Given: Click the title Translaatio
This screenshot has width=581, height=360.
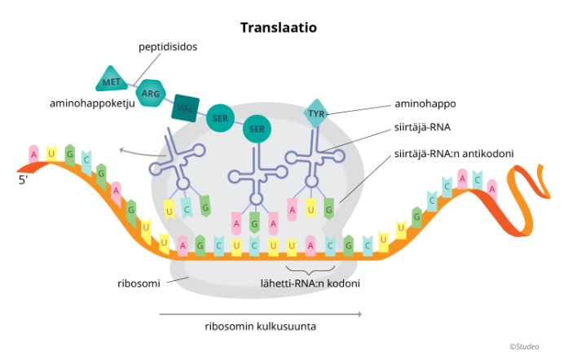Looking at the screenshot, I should [x=279, y=28].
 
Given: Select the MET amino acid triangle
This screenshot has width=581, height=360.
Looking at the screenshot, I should [x=112, y=81].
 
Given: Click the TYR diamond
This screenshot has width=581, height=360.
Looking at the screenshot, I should [x=317, y=114].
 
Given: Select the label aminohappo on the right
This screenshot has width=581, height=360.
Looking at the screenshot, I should [x=425, y=104].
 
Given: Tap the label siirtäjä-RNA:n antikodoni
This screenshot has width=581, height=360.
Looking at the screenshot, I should [x=453, y=152].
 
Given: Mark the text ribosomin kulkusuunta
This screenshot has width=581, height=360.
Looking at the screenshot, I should [x=260, y=327].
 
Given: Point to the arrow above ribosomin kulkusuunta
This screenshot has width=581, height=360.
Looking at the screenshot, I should [x=260, y=313].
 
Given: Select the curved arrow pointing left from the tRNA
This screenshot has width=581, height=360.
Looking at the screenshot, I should [x=134, y=152].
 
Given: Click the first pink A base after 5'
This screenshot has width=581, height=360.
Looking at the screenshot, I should [x=33, y=152].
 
